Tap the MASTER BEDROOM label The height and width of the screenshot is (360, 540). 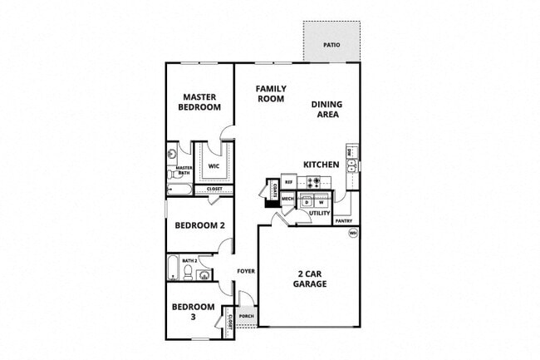200,102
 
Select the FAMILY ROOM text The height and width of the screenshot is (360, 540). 270,93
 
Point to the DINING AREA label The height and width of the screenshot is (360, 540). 326,110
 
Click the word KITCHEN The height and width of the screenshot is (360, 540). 321,165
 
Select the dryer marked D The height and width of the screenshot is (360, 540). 307,202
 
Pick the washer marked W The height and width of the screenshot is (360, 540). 320,202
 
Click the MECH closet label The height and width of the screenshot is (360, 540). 288,199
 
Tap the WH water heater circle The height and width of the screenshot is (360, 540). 352,233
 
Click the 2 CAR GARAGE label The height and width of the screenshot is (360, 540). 309,279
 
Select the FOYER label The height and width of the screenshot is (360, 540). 245,272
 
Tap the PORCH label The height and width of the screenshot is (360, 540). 246,317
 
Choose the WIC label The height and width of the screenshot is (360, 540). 214,165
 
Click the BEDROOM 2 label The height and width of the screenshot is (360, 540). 199,224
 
